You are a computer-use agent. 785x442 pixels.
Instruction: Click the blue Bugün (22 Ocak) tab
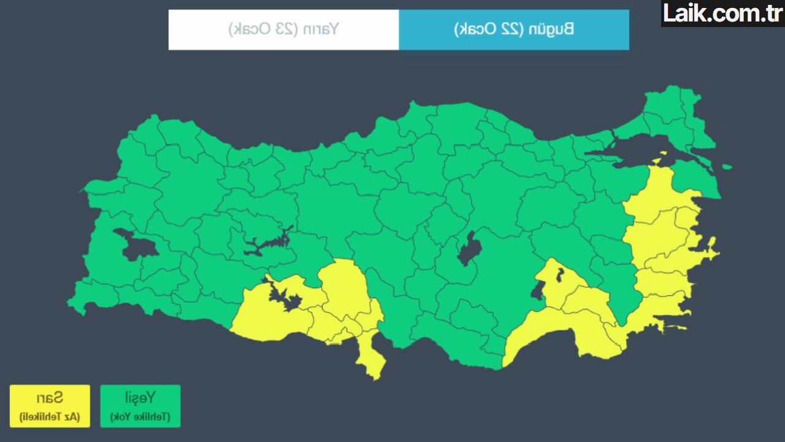[514, 29]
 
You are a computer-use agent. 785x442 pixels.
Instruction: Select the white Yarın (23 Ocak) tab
[283, 29]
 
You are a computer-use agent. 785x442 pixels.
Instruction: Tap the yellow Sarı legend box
[50, 406]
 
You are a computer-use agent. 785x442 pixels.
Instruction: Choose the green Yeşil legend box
[140, 406]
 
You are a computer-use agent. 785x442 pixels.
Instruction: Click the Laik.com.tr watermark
[722, 13]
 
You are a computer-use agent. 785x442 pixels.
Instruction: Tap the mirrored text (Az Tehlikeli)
[50, 417]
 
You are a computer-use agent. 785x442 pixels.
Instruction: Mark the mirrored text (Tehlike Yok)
[140, 417]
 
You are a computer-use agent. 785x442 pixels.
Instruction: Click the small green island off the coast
[727, 166]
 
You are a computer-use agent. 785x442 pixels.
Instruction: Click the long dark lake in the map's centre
[469, 247]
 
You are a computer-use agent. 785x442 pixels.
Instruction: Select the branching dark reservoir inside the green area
[267, 242]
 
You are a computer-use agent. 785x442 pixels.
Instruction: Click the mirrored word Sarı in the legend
[50, 397]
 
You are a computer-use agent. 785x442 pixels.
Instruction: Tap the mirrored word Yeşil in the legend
[140, 397]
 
